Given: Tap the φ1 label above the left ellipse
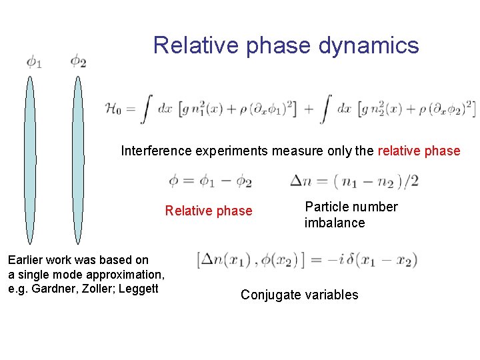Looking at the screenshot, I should pos(34,63).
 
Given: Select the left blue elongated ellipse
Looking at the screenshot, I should pos(29,160).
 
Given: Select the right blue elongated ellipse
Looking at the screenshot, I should pos(78,160).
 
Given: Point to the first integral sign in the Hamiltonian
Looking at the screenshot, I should pos(147,109).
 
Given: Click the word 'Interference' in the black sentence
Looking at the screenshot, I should pos(156,151).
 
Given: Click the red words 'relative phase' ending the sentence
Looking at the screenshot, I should pos(419,151).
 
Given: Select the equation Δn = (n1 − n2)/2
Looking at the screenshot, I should pos(354,181).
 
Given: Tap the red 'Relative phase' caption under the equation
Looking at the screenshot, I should pos(209,211).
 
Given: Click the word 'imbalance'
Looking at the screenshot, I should pos(335,223).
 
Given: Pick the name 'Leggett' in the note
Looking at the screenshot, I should pos(141,288).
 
